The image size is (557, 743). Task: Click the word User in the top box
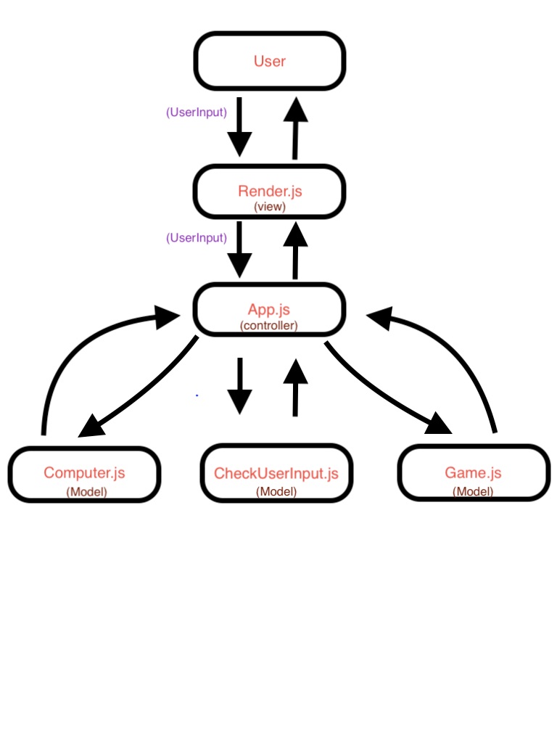269,62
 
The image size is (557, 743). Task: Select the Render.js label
269,192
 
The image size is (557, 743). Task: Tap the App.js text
269,311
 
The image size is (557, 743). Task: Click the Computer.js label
84,473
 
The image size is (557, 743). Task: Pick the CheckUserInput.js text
276,474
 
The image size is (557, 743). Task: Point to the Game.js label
473,473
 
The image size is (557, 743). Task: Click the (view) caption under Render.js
269,207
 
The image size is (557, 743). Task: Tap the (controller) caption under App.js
269,326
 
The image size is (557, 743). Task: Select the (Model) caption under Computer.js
86,491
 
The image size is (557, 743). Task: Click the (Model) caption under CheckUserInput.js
276,491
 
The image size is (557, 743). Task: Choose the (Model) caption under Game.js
473,491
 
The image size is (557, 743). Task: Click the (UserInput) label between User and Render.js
196,112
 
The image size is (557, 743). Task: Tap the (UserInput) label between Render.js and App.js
196,237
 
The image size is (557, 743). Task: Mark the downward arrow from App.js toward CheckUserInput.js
239,385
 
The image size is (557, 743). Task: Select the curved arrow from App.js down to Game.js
384,392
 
